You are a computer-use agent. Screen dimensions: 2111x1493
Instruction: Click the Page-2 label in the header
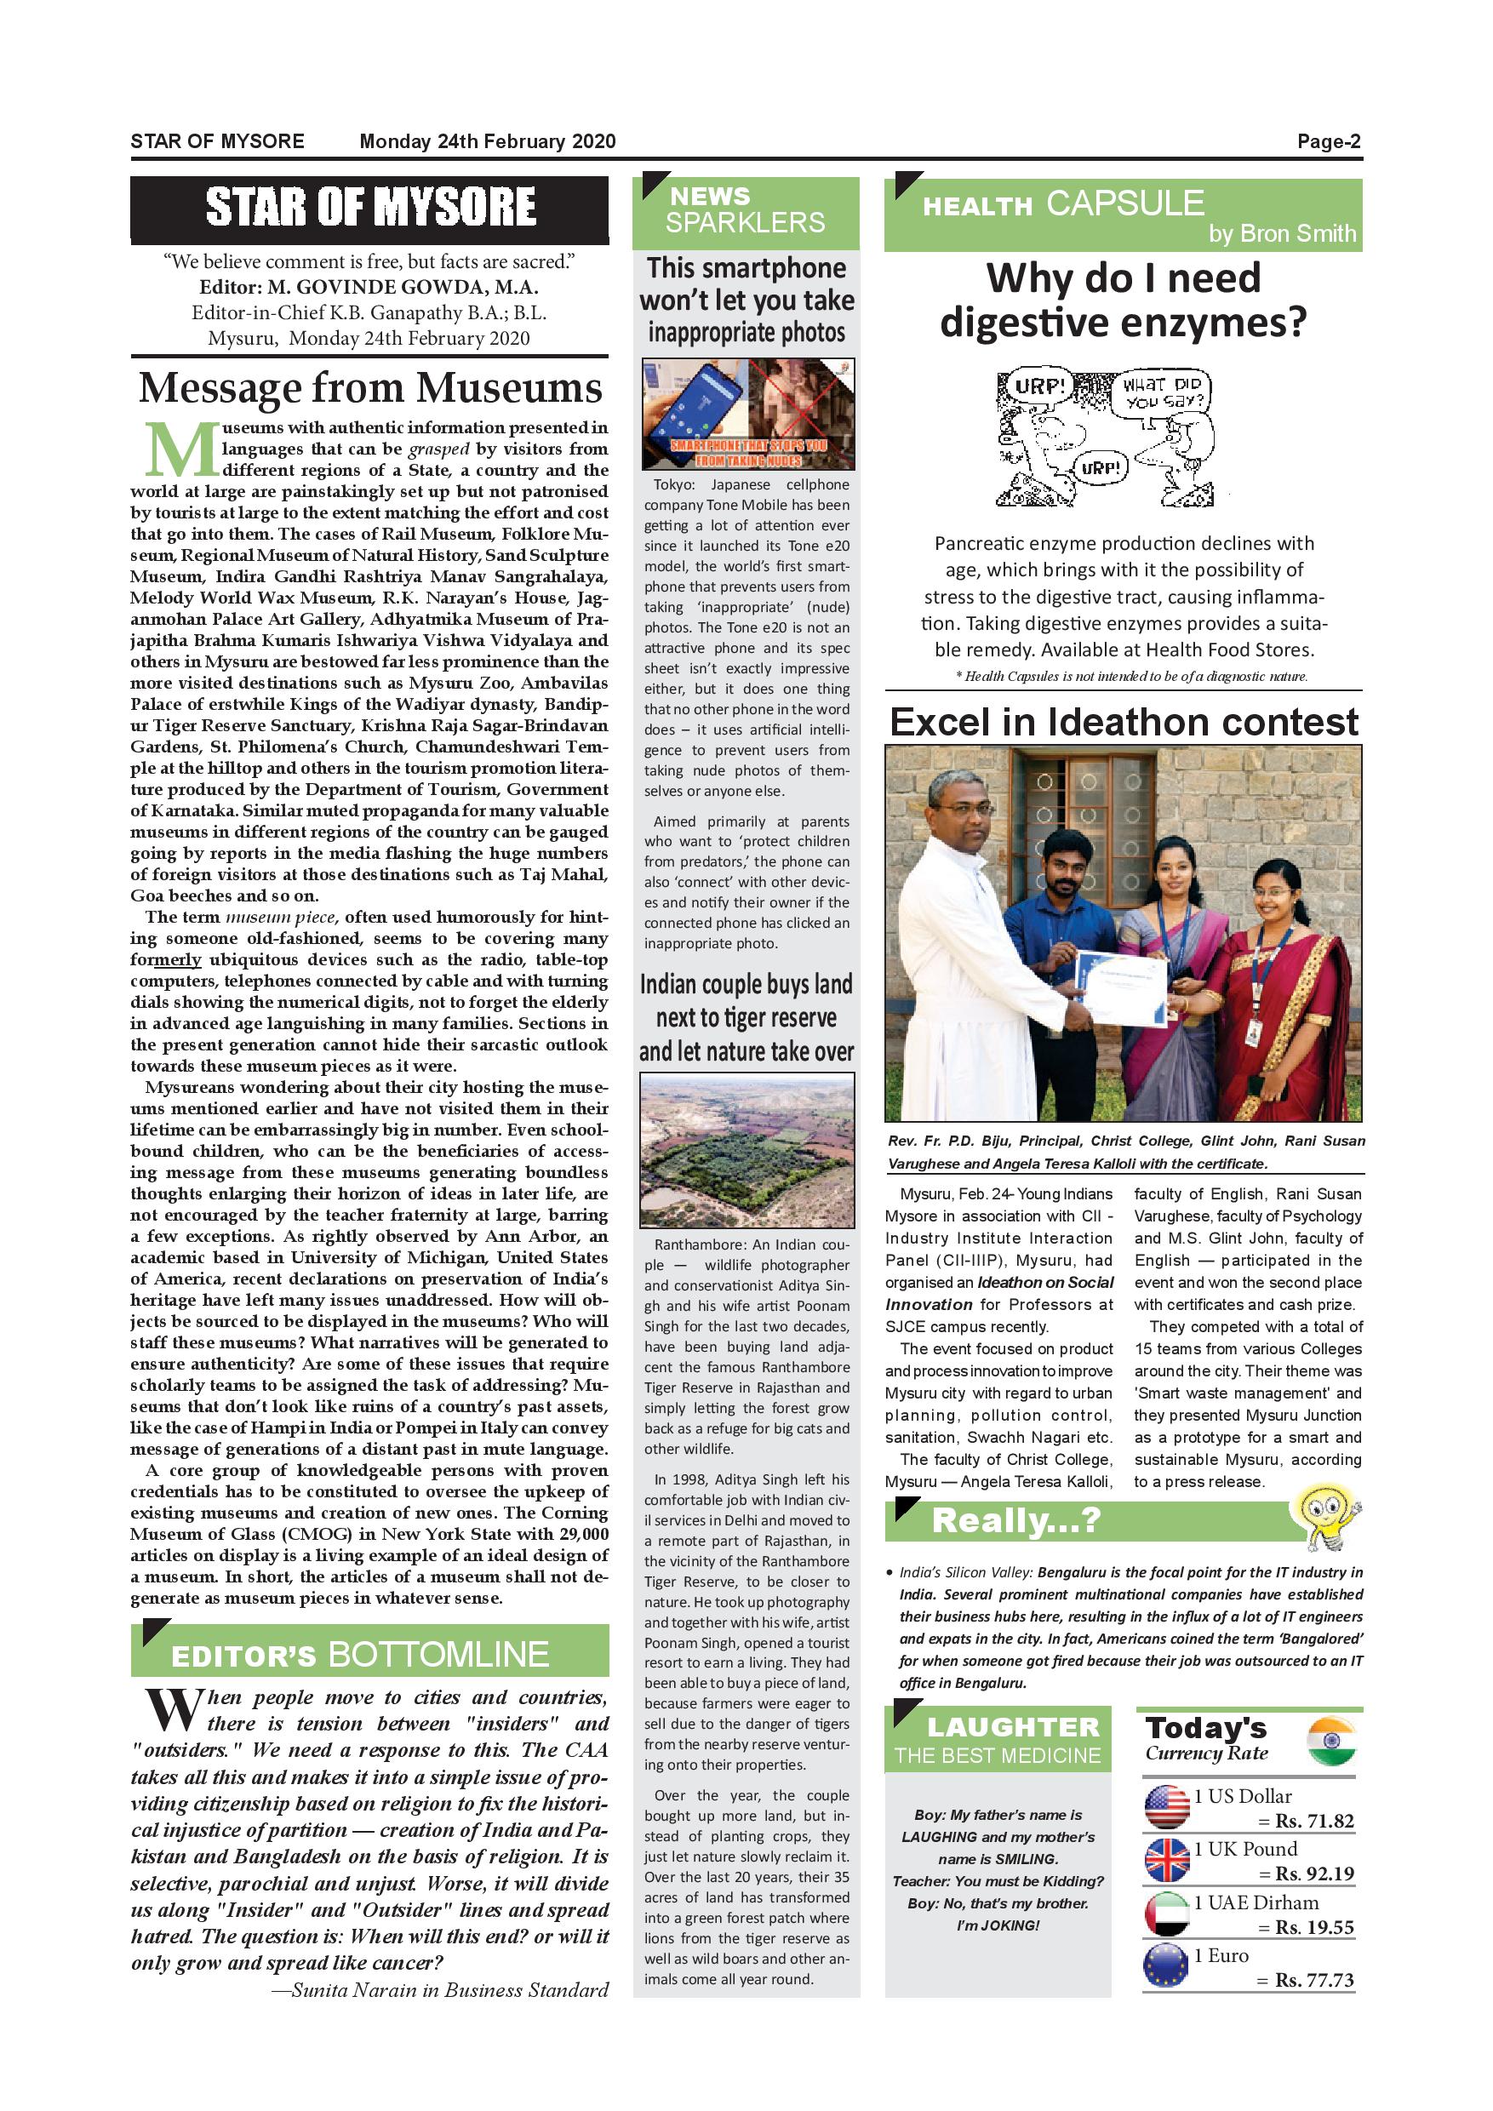pyautogui.click(x=1329, y=141)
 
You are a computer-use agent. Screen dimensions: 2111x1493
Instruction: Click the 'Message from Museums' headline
pyautogui.click(x=370, y=388)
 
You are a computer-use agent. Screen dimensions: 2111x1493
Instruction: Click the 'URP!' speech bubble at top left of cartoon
pyautogui.click(x=1038, y=386)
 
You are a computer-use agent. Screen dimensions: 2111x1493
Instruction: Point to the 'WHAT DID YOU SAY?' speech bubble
pyautogui.click(x=1163, y=393)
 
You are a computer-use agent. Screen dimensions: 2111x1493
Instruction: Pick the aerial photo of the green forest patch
pyautogui.click(x=746, y=1151)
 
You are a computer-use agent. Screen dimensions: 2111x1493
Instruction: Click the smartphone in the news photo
pyautogui.click(x=694, y=409)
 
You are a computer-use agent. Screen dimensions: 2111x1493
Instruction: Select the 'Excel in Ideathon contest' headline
pyautogui.click(x=1124, y=723)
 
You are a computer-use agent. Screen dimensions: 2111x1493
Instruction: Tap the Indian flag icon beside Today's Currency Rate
pyautogui.click(x=1331, y=1742)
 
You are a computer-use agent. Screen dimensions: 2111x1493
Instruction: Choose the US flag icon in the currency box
pyautogui.click(x=1167, y=1806)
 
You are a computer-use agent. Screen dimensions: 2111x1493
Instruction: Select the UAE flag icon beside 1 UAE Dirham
pyautogui.click(x=1167, y=1914)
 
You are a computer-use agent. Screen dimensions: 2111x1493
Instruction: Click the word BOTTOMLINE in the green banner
pyautogui.click(x=438, y=1654)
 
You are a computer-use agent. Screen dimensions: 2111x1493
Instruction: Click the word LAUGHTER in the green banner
pyautogui.click(x=1013, y=1728)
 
